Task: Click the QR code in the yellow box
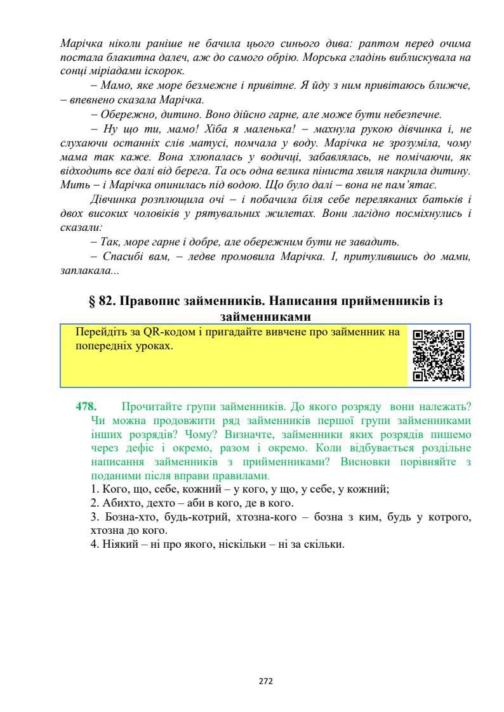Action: (438, 355)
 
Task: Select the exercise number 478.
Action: (86, 406)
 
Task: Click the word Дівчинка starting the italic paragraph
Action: (112, 199)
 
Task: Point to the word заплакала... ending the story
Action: (89, 271)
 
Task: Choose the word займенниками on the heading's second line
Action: (266, 316)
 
